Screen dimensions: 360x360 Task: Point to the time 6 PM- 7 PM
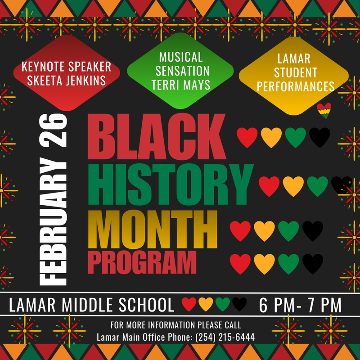pos(301,306)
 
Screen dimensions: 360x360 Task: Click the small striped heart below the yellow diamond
pos(324,110)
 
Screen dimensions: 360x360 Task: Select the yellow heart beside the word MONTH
pos(265,230)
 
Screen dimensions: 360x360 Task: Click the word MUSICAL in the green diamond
pos(181,58)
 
